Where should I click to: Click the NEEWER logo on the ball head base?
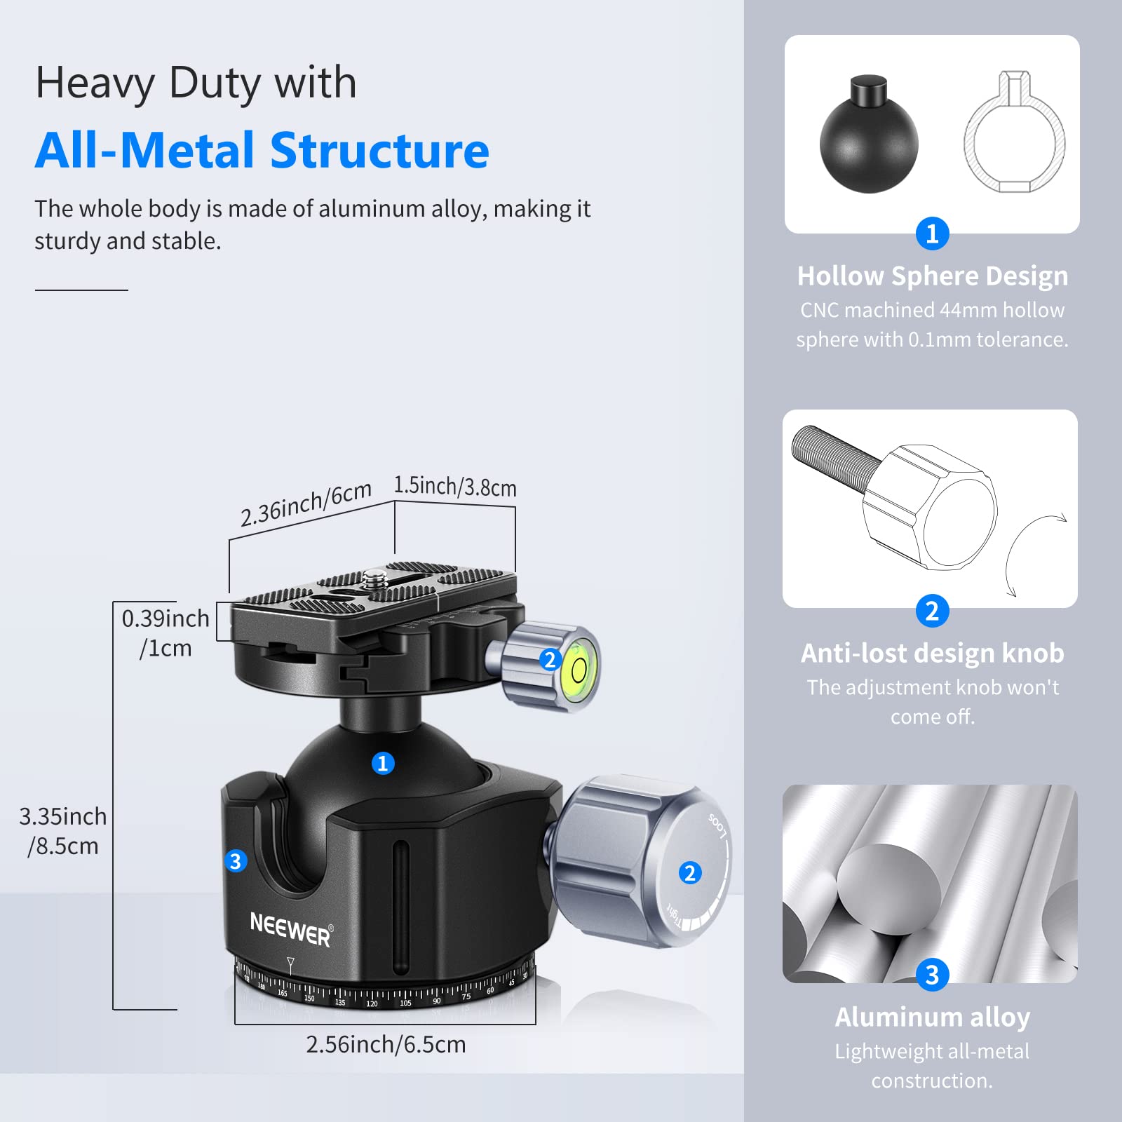(x=290, y=929)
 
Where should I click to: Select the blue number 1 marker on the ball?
(x=383, y=763)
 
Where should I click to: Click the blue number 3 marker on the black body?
(x=236, y=860)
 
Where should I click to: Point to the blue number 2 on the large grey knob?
(x=690, y=872)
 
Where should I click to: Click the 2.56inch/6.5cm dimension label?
(x=386, y=1044)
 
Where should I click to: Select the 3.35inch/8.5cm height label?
(x=62, y=831)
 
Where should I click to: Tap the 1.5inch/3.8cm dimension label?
(x=454, y=486)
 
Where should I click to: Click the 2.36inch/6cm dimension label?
(x=306, y=503)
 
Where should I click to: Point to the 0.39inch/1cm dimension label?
(x=165, y=633)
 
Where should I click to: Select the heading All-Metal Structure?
(x=262, y=151)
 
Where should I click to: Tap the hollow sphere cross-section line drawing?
(x=1014, y=135)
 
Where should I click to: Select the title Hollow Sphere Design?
(x=932, y=276)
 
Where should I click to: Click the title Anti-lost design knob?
(x=932, y=654)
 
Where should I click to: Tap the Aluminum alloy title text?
(x=932, y=1017)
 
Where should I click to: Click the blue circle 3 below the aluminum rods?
(x=932, y=975)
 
